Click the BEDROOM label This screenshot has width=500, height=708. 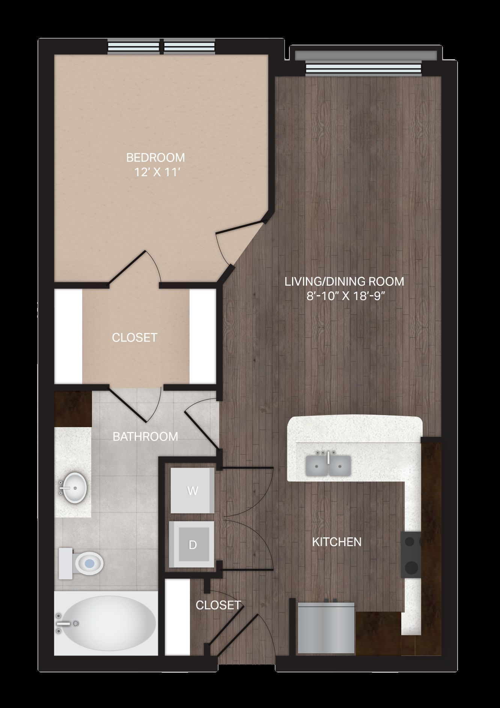tap(155, 157)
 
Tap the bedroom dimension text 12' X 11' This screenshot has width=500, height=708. tap(158, 172)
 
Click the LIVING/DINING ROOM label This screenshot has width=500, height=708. tap(344, 281)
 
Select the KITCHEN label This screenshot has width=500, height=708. tap(337, 542)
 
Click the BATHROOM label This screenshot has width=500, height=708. tap(145, 436)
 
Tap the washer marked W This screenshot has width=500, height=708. tap(192, 490)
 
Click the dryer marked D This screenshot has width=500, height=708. tap(192, 544)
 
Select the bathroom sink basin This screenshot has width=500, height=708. tap(74, 487)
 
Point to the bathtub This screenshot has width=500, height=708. tap(106, 623)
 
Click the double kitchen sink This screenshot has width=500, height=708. tap(328, 465)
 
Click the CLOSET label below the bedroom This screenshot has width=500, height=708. tap(134, 337)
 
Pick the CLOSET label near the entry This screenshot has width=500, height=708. tap(218, 605)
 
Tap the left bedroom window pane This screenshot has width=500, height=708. tap(134, 47)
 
